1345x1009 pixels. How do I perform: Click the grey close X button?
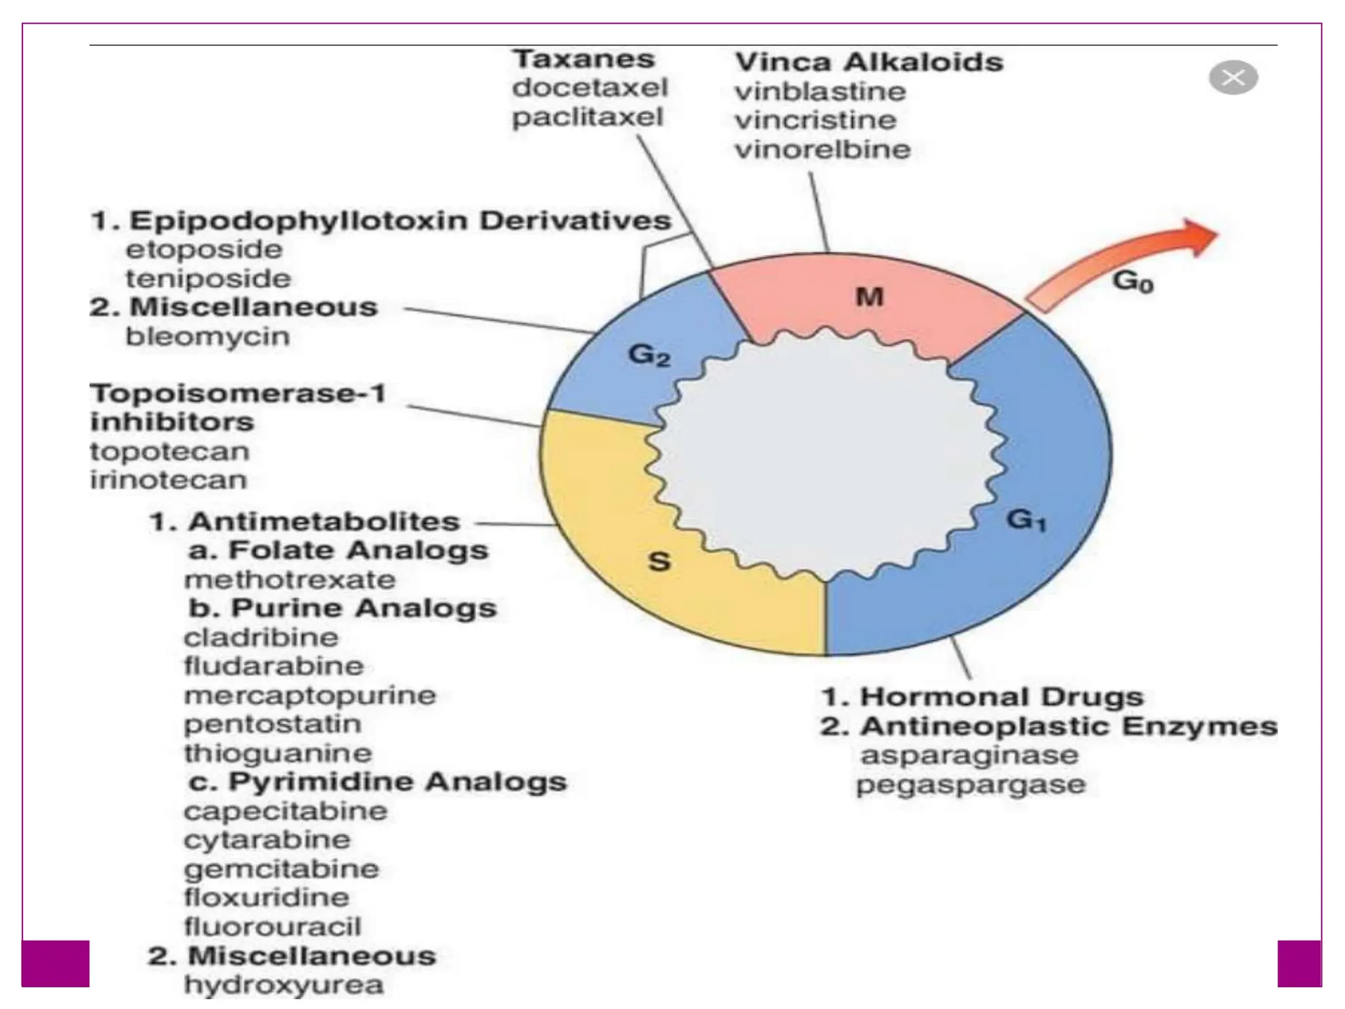(1233, 78)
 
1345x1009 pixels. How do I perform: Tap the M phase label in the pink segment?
(870, 298)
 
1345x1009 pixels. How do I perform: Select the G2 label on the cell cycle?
(649, 355)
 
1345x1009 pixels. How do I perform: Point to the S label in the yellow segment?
(659, 561)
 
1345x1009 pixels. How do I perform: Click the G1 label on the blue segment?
(1026, 520)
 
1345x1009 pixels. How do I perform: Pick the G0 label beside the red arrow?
(1133, 282)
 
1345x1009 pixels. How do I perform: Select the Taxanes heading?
(584, 59)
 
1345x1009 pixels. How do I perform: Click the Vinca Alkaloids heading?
(869, 62)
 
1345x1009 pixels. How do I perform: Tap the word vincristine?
(815, 120)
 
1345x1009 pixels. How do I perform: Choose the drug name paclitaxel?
(588, 118)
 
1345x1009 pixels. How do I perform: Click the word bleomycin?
(208, 336)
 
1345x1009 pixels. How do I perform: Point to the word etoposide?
(204, 250)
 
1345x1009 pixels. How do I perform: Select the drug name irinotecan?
(168, 480)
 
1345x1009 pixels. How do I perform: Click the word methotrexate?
(290, 580)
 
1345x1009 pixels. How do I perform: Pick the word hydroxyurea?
(283, 985)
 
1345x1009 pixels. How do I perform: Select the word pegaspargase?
(971, 785)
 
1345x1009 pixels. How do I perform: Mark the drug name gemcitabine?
(281, 869)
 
